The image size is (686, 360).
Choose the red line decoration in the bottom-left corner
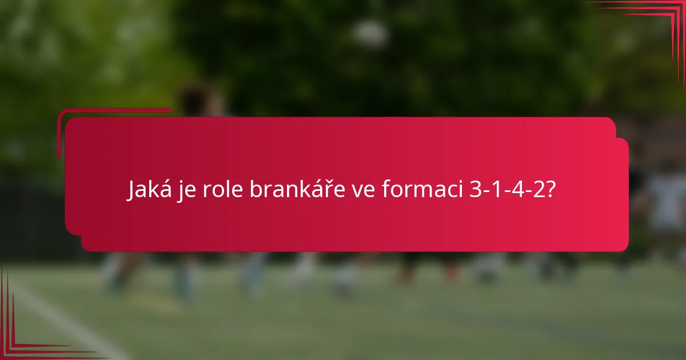[x=23, y=337]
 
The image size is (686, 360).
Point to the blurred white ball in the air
[x=370, y=34]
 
